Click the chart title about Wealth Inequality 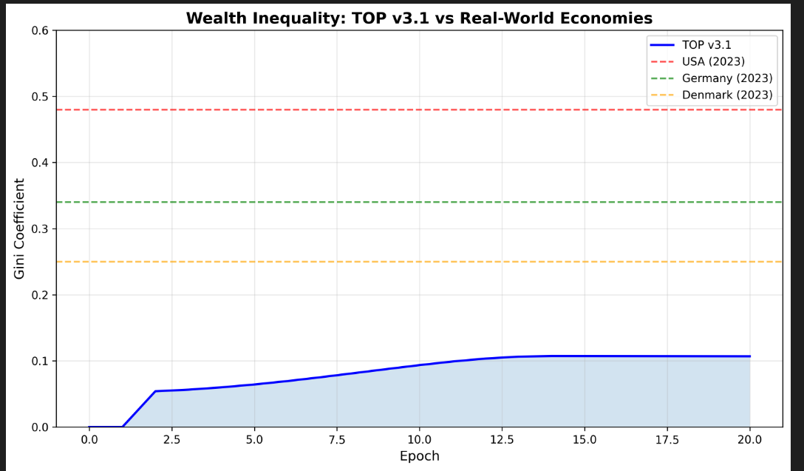click(419, 18)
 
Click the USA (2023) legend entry click(713, 61)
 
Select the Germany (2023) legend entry click(727, 78)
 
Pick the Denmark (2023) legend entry click(727, 95)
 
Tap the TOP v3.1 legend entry click(706, 44)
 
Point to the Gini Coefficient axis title click(20, 228)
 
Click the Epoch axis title click(419, 456)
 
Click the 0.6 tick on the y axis click(40, 31)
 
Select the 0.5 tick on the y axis click(40, 97)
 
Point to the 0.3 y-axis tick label click(40, 229)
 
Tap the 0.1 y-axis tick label click(40, 362)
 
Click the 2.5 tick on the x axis click(171, 440)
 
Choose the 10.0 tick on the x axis click(419, 440)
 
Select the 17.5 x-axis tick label click(667, 440)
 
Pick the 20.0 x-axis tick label click(749, 440)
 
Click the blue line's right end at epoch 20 click(749, 356)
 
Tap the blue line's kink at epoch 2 click(155, 391)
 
